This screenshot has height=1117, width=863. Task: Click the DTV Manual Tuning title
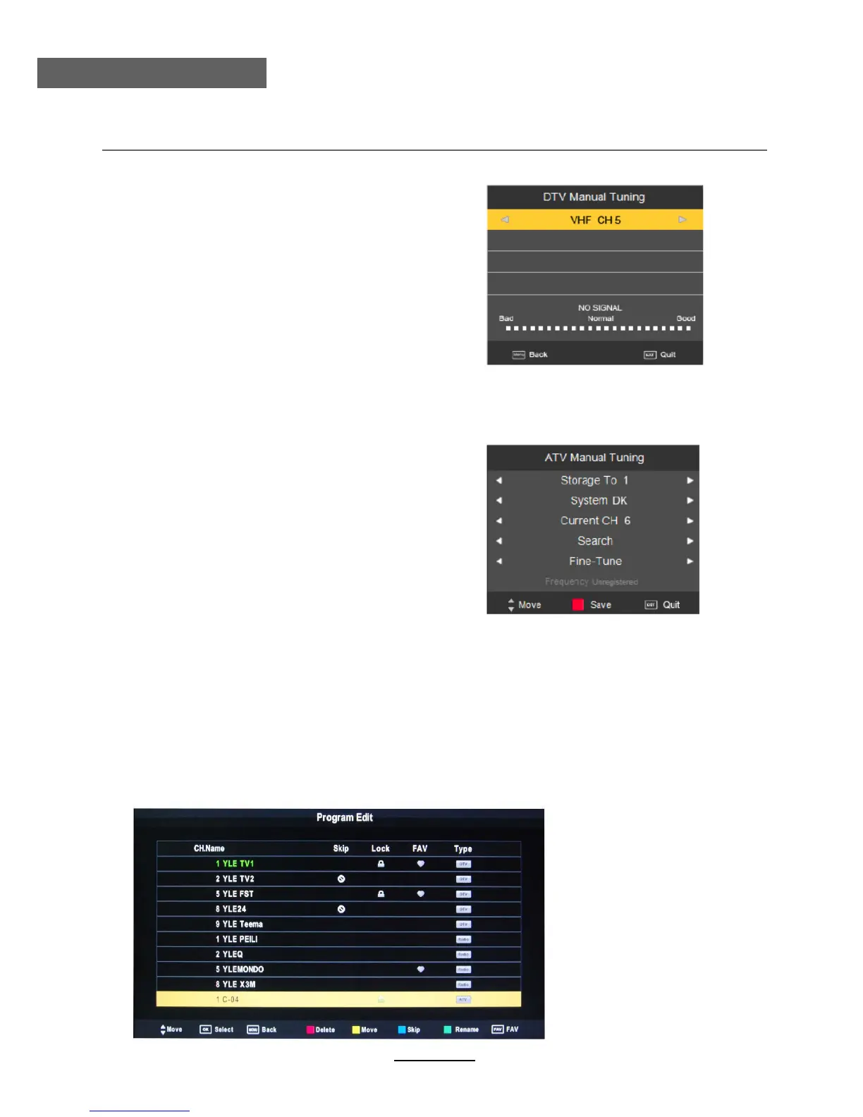[x=594, y=197]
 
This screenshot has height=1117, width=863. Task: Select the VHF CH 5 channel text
[x=595, y=220]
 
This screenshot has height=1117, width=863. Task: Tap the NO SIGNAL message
[x=600, y=307]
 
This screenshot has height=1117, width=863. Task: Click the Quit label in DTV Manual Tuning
[x=668, y=355]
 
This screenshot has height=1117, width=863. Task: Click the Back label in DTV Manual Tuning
[x=538, y=355]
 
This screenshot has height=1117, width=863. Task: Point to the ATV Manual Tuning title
[x=594, y=458]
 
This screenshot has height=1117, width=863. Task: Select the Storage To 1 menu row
[x=594, y=480]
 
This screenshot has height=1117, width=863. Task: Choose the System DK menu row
[x=599, y=501]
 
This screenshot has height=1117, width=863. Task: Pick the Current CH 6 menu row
[x=595, y=520]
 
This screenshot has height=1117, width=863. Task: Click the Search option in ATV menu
[x=595, y=541]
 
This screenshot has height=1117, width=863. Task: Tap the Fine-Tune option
[x=595, y=561]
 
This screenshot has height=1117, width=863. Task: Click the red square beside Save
[x=578, y=604]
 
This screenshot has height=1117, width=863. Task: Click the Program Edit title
[x=344, y=817]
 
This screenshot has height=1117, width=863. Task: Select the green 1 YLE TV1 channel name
[x=235, y=864]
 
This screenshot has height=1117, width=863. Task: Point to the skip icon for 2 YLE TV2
[x=341, y=879]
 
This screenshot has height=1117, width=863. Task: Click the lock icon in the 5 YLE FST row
[x=381, y=894]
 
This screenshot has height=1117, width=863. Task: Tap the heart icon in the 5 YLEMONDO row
[x=420, y=970]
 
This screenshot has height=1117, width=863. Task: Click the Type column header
[x=463, y=848]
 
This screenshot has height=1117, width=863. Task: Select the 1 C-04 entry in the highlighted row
[x=228, y=999]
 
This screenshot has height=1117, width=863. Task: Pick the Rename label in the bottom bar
[x=466, y=1030]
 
